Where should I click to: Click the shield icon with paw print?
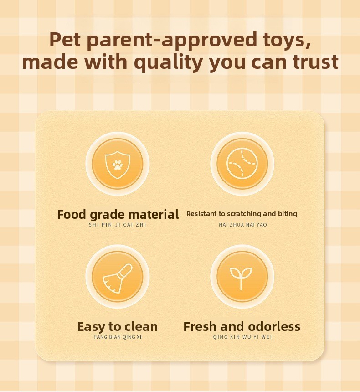118,165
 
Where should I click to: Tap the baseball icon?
242,164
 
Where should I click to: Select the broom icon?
118,278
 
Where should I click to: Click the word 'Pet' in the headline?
65,40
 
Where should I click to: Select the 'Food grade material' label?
118,215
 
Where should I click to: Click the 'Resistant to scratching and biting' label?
242,214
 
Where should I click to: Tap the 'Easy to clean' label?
118,327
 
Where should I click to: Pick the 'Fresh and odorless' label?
242,326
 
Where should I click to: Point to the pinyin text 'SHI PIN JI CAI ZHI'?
118,225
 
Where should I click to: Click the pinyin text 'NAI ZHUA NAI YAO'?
243,225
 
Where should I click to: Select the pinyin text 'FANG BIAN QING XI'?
118,337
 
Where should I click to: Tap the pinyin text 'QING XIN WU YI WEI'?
242,337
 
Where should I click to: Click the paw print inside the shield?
117,165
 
